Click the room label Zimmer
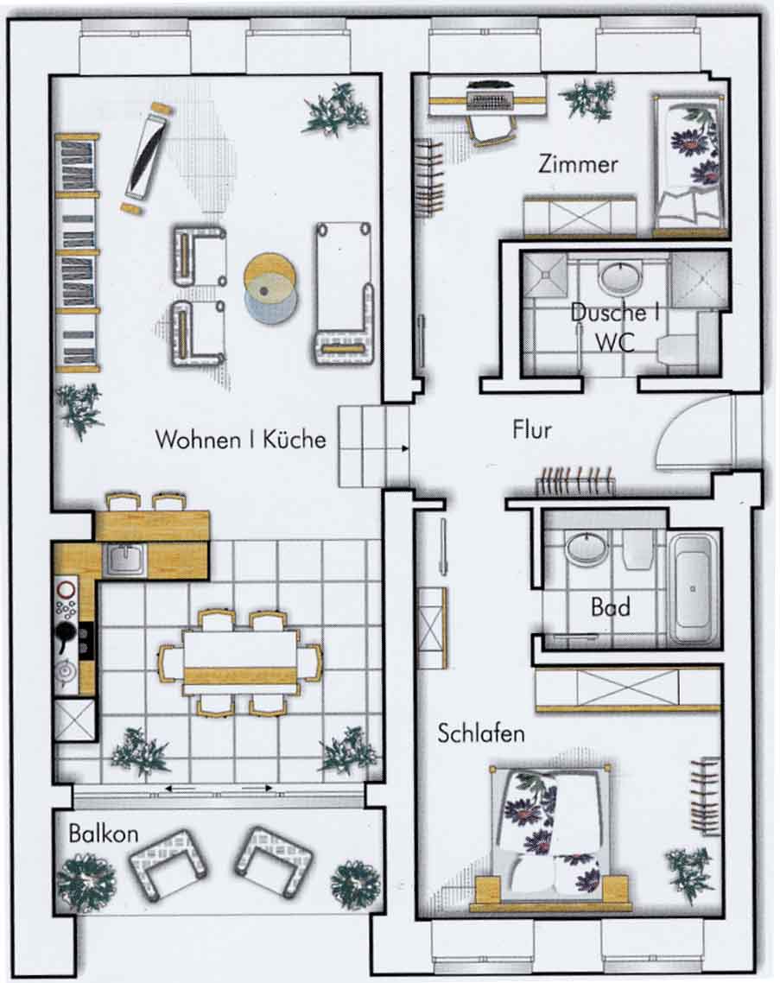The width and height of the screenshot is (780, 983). click(x=578, y=164)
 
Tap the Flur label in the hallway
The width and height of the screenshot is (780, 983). click(x=532, y=430)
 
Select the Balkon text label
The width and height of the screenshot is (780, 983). click(x=104, y=834)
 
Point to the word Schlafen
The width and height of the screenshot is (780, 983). click(x=481, y=733)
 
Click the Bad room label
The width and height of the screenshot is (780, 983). click(x=610, y=607)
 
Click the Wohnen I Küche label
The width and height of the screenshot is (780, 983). click(x=241, y=439)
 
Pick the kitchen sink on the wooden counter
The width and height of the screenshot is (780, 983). click(x=125, y=559)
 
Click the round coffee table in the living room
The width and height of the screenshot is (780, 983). click(x=270, y=289)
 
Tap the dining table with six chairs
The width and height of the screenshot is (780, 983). click(x=240, y=663)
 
